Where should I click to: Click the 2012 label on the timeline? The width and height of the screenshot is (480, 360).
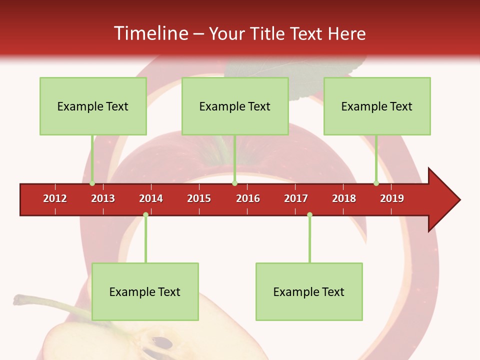pyautogui.click(x=55, y=198)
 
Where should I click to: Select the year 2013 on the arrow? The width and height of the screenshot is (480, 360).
pyautogui.click(x=103, y=198)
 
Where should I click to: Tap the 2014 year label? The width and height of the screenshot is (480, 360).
pyautogui.click(x=151, y=198)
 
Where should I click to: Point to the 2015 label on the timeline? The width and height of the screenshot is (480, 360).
pyautogui.click(x=199, y=198)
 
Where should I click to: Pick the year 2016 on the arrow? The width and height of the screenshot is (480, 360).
pyautogui.click(x=248, y=198)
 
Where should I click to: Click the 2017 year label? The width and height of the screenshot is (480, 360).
pyautogui.click(x=296, y=198)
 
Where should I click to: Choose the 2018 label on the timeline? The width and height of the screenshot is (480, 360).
pyautogui.click(x=344, y=198)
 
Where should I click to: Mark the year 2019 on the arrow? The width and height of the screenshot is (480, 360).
pyautogui.click(x=392, y=198)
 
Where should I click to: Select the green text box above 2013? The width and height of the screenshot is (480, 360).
pyautogui.click(x=93, y=106)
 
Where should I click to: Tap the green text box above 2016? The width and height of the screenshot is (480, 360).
pyautogui.click(x=235, y=106)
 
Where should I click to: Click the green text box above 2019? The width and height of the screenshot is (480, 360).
pyautogui.click(x=377, y=106)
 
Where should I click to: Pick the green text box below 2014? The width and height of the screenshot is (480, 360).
pyautogui.click(x=145, y=292)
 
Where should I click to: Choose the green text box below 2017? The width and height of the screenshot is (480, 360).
pyautogui.click(x=309, y=292)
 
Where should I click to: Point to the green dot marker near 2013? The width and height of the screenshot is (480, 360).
pyautogui.click(x=92, y=183)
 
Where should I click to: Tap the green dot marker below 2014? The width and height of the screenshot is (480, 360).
pyautogui.click(x=145, y=215)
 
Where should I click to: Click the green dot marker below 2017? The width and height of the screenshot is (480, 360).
pyautogui.click(x=309, y=215)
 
